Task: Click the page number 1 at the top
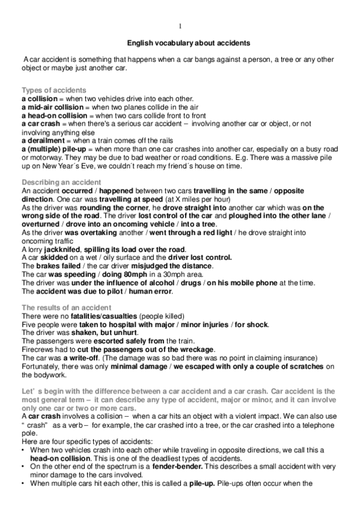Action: click(180, 26)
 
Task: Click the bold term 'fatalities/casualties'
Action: click(93, 316)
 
